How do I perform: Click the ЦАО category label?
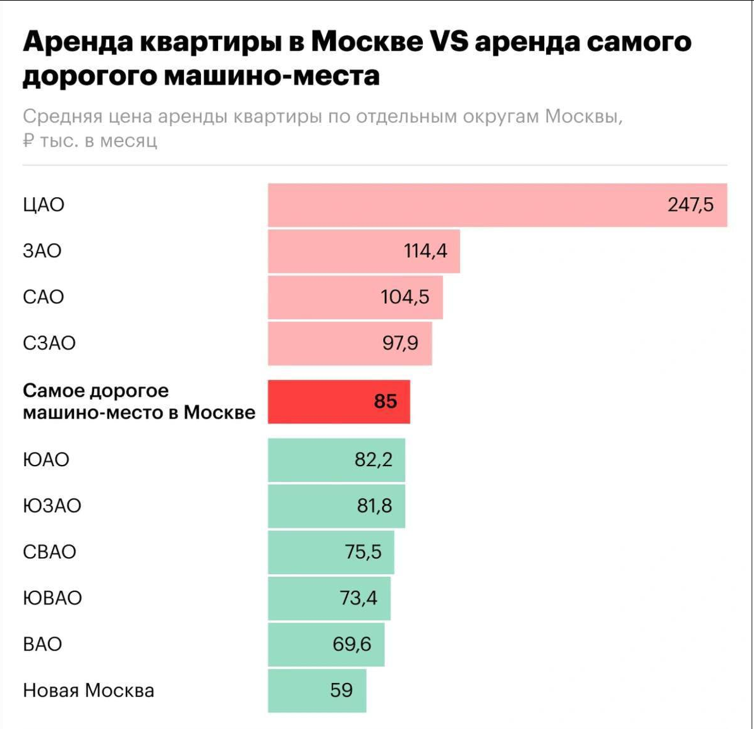tap(44, 205)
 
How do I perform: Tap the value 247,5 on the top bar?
tap(690, 205)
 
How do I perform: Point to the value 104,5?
tap(404, 297)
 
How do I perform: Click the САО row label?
tap(44, 297)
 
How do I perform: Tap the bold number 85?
tap(385, 401)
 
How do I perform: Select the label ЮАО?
tap(46, 459)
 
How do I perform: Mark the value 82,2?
tap(373, 459)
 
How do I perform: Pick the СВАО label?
tap(49, 551)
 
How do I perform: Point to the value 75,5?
tap(363, 551)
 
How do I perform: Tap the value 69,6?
tap(351, 644)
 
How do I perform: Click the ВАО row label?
tap(42, 644)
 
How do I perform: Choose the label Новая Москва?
tap(88, 690)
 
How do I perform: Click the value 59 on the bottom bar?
tap(341, 690)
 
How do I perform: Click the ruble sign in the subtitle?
tap(28, 140)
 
